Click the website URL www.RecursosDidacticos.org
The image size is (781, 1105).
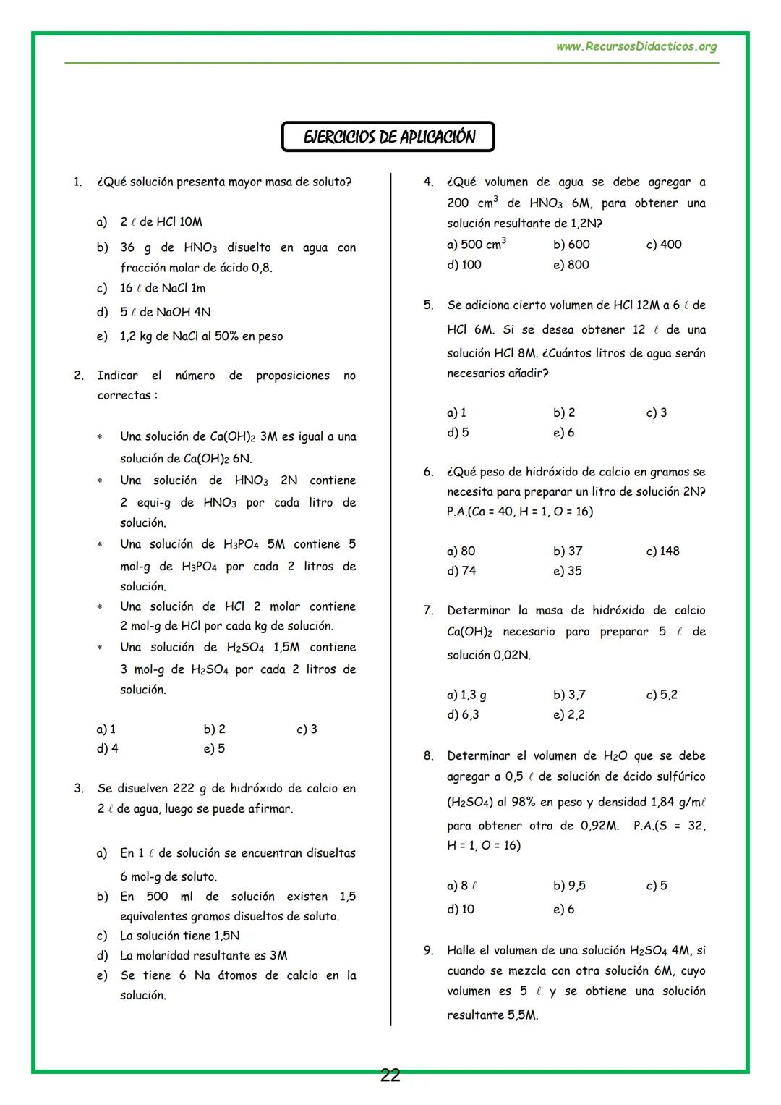pos(636,47)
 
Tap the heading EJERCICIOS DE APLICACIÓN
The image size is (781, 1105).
pos(388,137)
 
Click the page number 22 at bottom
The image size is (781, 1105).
pos(390,1076)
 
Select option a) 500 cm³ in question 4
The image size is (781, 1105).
pos(477,245)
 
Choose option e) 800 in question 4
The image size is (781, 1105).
pos(571,265)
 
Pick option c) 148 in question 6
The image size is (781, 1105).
pos(663,551)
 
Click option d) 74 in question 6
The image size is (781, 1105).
pos(461,571)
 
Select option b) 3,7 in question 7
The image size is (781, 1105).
pos(569,695)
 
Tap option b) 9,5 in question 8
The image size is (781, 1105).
pos(569,886)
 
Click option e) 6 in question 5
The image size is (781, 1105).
pos(564,433)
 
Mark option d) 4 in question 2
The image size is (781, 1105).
pos(108,749)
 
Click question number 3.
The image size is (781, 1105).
pos(79,788)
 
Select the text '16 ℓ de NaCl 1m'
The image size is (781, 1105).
pos(163,288)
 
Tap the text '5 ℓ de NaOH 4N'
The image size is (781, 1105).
pos(165,312)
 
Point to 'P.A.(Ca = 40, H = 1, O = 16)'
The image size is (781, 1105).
pos(519,512)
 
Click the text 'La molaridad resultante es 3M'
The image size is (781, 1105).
pos(203,955)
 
